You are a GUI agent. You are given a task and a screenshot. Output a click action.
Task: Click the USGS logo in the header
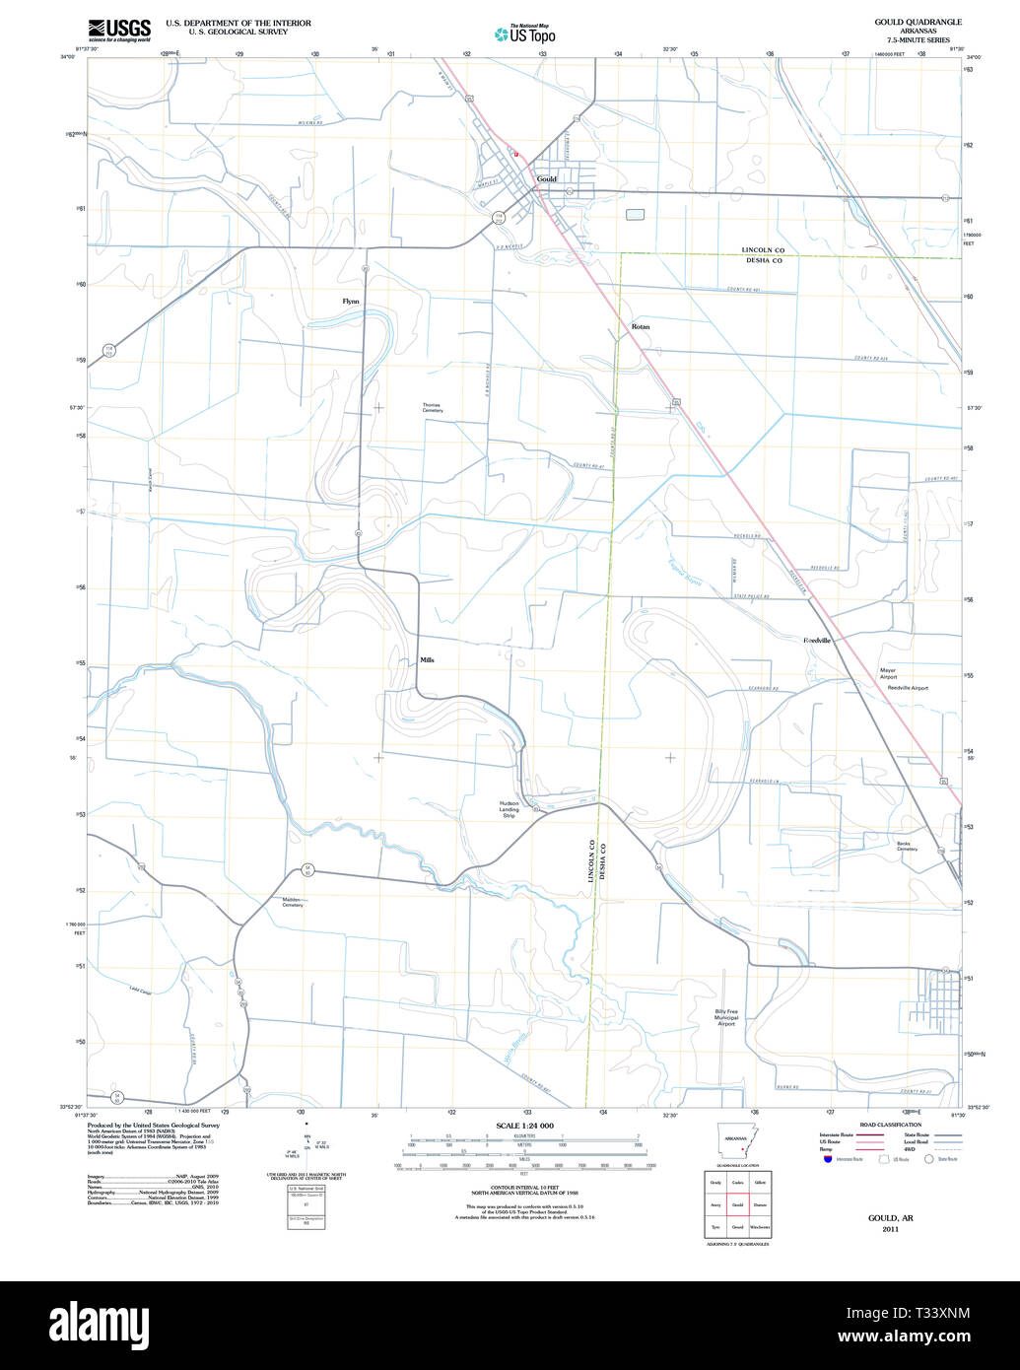(119, 30)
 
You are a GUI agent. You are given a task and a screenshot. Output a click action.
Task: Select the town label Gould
(546, 179)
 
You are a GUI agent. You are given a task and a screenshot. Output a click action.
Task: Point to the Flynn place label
(351, 301)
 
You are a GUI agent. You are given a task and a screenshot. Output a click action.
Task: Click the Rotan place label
(641, 326)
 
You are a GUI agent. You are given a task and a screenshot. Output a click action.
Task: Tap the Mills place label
(427, 660)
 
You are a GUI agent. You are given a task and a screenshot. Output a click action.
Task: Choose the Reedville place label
(817, 641)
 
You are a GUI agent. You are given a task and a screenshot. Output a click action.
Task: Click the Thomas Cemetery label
(433, 407)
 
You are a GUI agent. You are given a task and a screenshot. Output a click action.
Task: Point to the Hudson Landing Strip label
(509, 809)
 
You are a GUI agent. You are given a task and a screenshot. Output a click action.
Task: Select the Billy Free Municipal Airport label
(726, 1017)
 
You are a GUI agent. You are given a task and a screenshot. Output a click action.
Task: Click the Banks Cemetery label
(907, 846)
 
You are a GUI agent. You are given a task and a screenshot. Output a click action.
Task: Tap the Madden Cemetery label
(293, 902)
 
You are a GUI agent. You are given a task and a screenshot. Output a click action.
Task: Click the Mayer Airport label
(889, 673)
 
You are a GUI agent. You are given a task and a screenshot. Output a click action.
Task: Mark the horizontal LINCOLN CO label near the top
(763, 250)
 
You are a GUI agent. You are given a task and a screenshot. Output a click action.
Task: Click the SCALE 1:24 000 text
(524, 1126)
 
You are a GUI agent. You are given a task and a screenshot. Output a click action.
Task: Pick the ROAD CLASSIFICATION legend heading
(890, 1125)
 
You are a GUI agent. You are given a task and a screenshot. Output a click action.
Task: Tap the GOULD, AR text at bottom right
(890, 1218)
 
